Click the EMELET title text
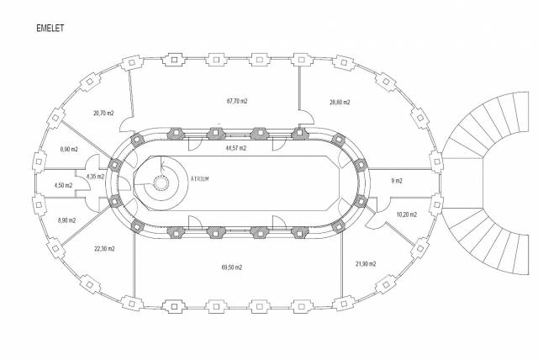(x=50, y=28)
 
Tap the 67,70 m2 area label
(x=237, y=101)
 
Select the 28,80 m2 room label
(x=340, y=103)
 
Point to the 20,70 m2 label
(x=103, y=113)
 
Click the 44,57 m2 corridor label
(x=235, y=148)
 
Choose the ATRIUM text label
(x=200, y=179)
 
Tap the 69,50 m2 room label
(x=232, y=267)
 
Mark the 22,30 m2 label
(x=104, y=249)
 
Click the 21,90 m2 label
(x=366, y=264)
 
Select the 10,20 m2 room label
(x=407, y=214)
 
